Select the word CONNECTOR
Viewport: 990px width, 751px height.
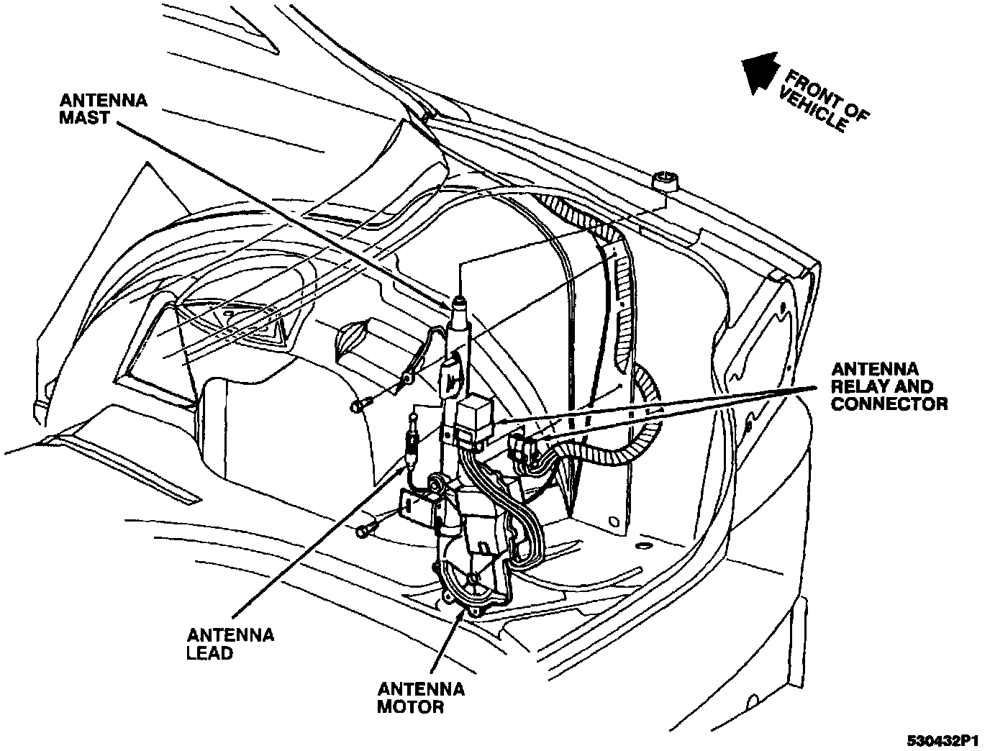coord(889,404)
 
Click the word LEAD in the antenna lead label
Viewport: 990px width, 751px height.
coord(209,653)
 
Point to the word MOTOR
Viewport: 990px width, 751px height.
coord(410,707)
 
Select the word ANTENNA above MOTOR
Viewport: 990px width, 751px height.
coord(422,689)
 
